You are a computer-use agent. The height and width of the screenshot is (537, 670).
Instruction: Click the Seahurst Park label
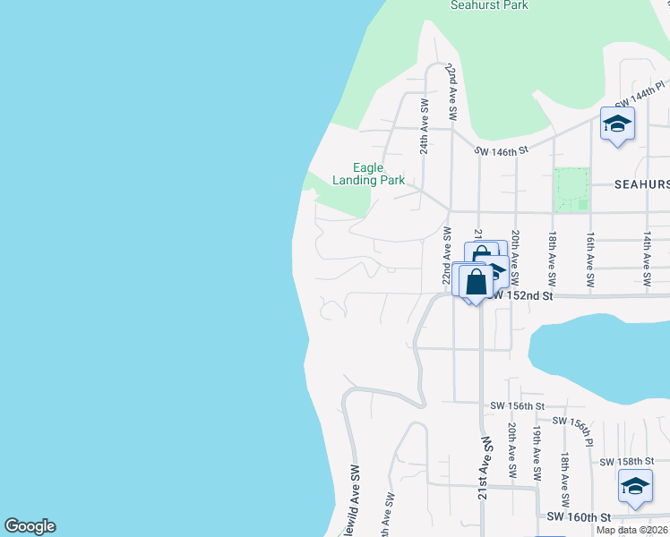489,5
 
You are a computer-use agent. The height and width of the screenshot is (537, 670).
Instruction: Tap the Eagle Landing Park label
368,174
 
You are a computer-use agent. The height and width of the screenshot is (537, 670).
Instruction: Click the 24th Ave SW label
425,128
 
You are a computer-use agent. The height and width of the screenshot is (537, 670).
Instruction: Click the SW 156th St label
517,406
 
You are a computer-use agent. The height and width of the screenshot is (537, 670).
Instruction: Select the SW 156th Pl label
573,430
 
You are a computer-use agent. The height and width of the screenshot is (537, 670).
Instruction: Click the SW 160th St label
579,517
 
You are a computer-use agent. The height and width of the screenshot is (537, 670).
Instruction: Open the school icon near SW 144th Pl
617,124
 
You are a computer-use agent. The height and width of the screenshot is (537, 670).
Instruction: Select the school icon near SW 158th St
635,488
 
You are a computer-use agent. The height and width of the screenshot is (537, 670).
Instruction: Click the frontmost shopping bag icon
477,282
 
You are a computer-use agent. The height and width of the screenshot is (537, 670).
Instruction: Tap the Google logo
30,526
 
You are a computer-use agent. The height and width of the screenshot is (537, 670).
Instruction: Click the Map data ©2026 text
632,530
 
